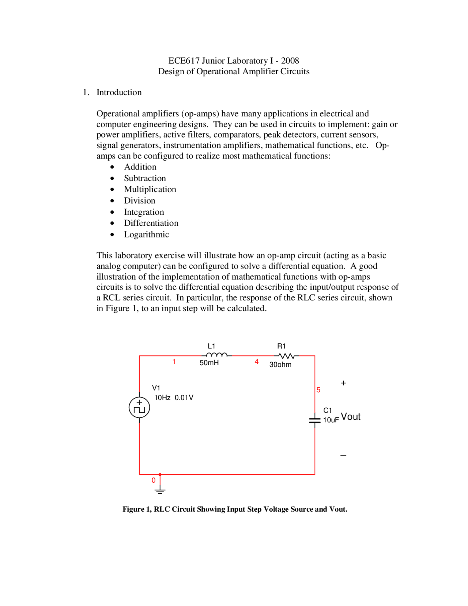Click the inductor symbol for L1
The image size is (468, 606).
pyautogui.click(x=216, y=355)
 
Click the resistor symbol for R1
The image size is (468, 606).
pyautogui.click(x=286, y=356)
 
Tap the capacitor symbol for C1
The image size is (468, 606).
pyautogui.click(x=315, y=420)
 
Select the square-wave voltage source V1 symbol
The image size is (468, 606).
pyautogui.click(x=139, y=407)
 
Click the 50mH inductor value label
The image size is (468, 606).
pyautogui.click(x=209, y=363)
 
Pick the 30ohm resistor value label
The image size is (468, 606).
pyautogui.click(x=280, y=364)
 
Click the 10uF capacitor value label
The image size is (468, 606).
pyautogui.click(x=331, y=420)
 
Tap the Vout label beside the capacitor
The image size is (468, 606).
pyautogui.click(x=351, y=417)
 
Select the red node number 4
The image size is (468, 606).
pyautogui.click(x=257, y=362)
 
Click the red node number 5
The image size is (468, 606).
pyautogui.click(x=318, y=390)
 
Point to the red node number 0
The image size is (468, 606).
pyautogui.click(x=154, y=480)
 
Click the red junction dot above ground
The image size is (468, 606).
pyautogui.click(x=160, y=475)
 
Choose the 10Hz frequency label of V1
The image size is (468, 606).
pyautogui.click(x=162, y=397)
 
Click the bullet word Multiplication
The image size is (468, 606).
pyautogui.click(x=150, y=189)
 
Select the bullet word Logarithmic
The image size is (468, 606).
pyautogui.click(x=146, y=234)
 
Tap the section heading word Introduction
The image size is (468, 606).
pyautogui.click(x=119, y=92)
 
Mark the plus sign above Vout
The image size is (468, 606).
pyautogui.click(x=343, y=383)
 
